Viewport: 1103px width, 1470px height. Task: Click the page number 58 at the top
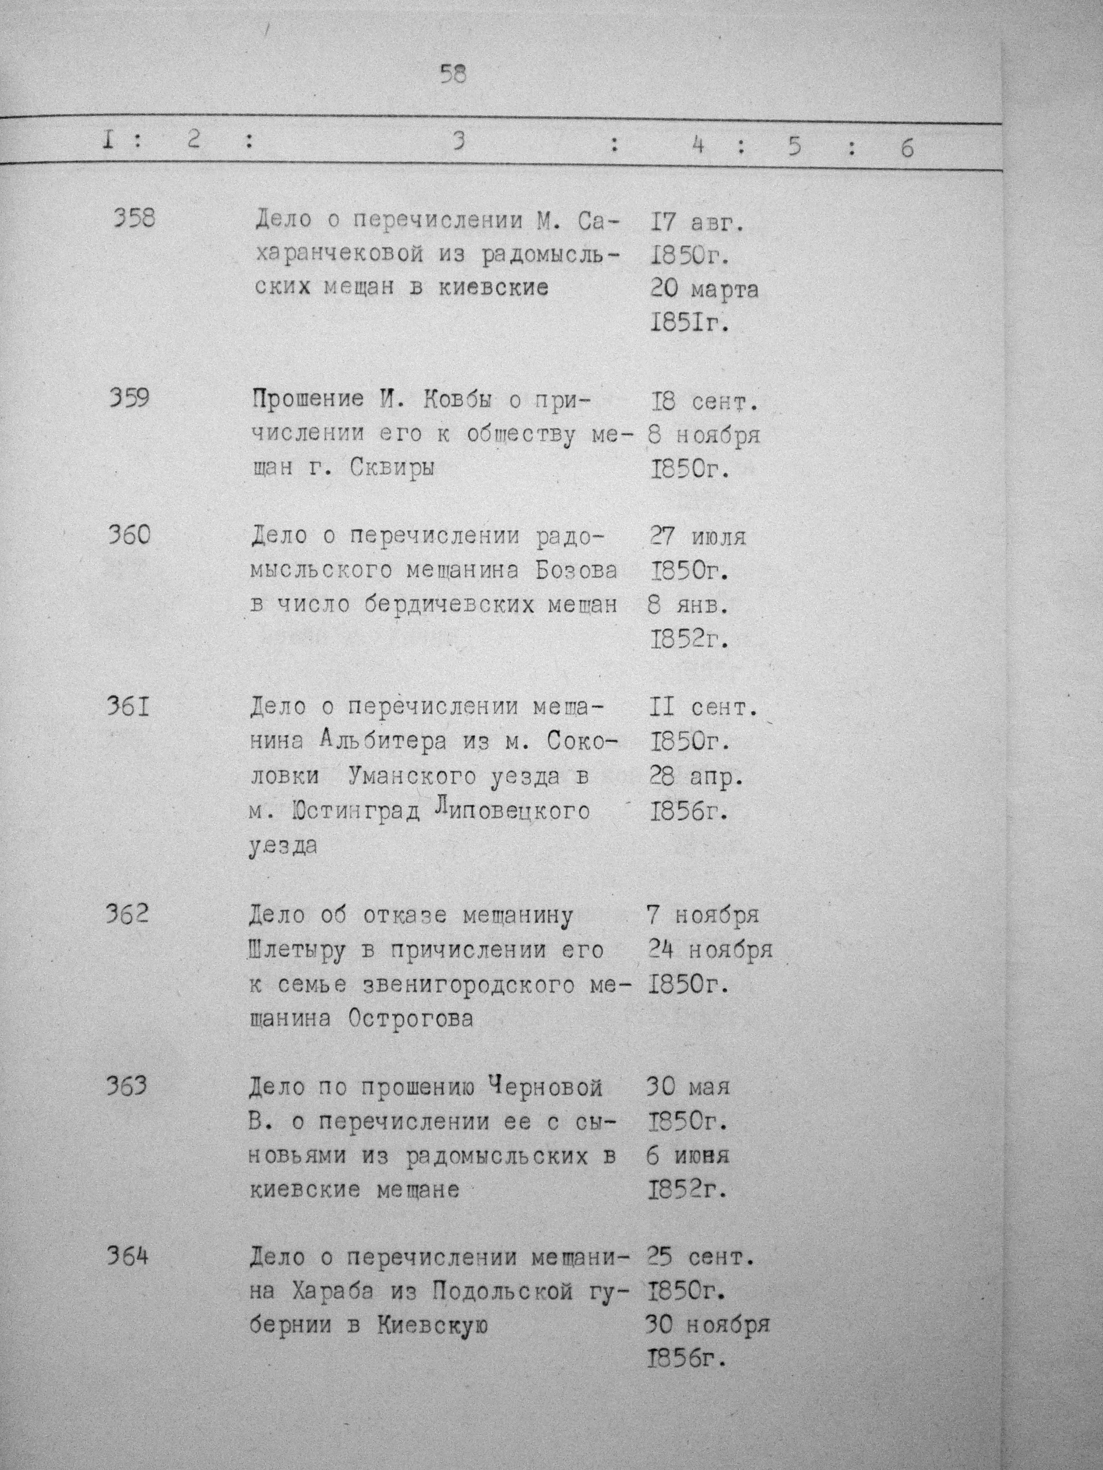(x=453, y=74)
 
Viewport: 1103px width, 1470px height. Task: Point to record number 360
(x=129, y=535)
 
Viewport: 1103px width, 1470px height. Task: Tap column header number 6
(x=907, y=147)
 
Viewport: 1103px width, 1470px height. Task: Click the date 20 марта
(x=704, y=290)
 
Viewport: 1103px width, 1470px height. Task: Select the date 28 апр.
(x=696, y=776)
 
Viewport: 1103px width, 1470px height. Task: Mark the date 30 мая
(x=688, y=1087)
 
